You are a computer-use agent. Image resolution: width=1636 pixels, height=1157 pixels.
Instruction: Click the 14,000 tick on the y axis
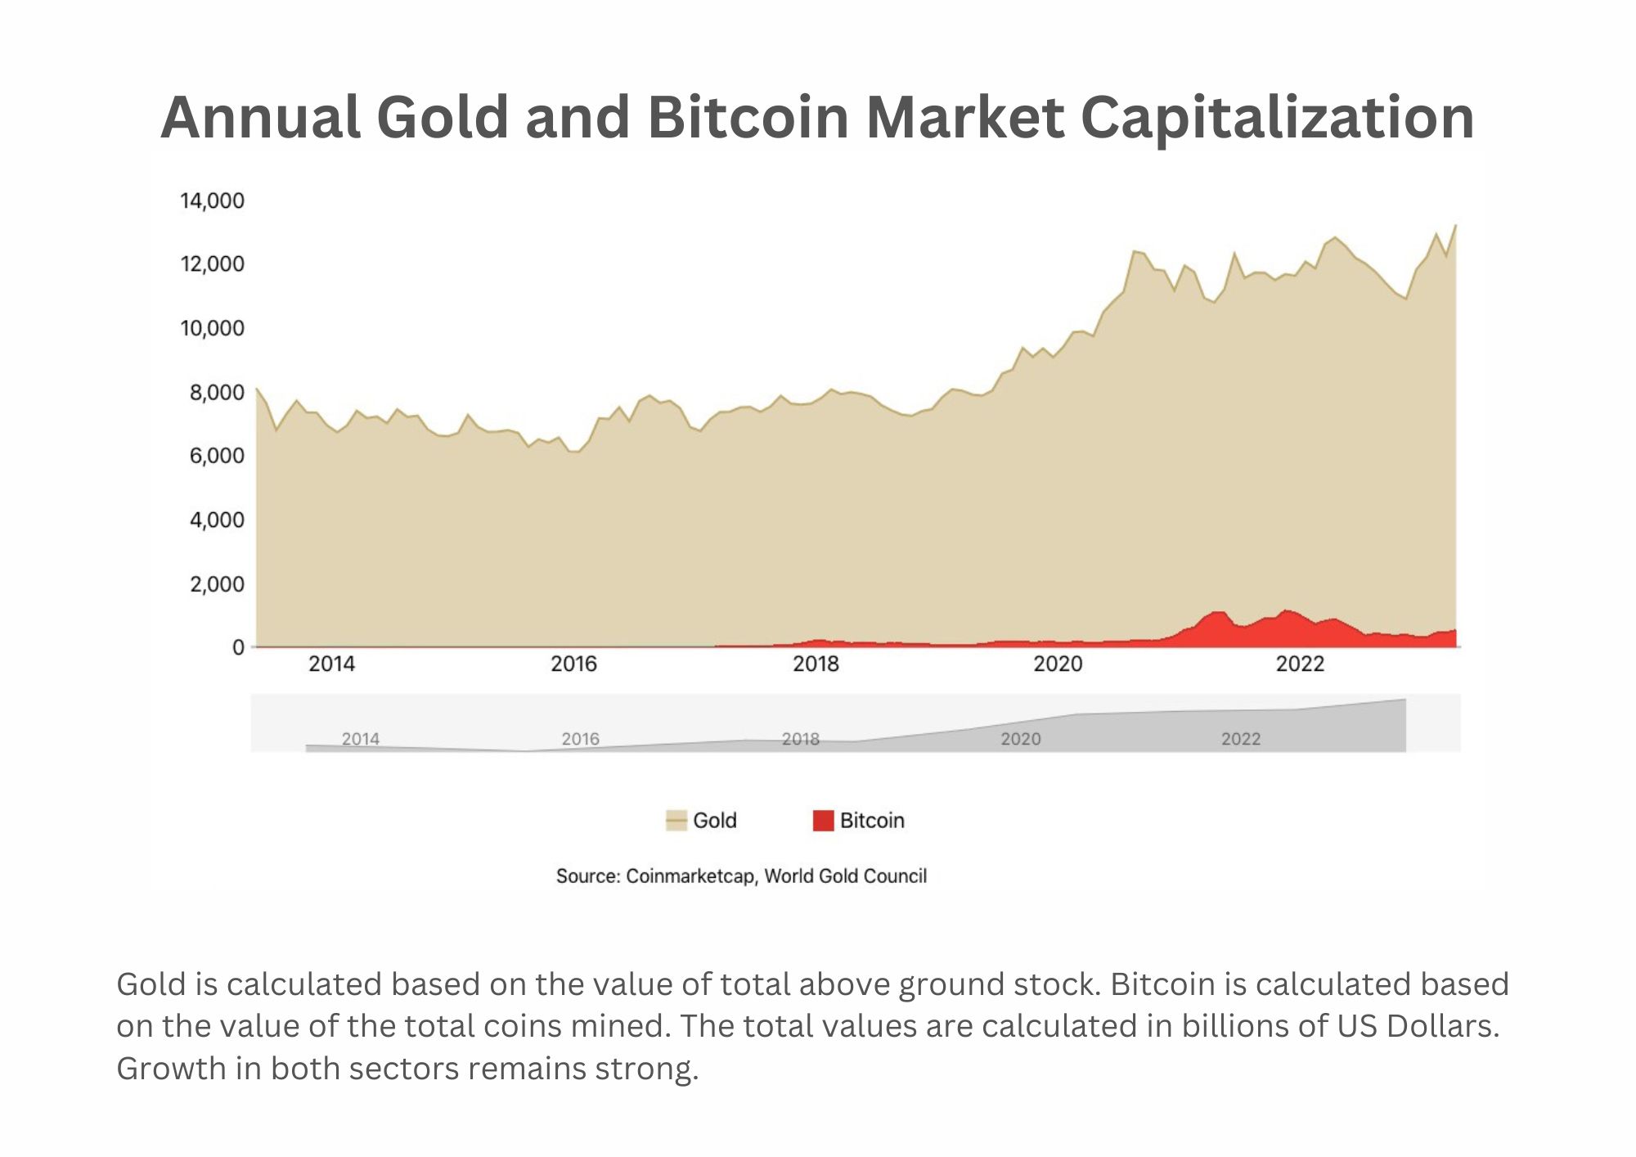click(212, 200)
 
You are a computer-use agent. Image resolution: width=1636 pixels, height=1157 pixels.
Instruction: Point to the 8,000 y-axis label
click(217, 392)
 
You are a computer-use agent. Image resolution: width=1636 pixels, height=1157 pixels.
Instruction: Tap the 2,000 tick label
click(217, 584)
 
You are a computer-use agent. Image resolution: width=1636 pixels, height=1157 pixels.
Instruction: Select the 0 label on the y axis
click(238, 647)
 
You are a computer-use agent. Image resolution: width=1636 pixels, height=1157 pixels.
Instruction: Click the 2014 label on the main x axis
click(331, 664)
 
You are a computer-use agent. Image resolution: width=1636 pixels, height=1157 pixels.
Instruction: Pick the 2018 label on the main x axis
click(816, 664)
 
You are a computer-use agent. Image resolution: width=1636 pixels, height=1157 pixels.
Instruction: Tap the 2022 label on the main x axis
click(1300, 664)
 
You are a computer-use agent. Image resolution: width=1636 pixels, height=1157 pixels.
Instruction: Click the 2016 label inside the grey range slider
click(580, 739)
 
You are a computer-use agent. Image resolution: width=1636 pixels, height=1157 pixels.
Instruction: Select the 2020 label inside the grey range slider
click(1020, 739)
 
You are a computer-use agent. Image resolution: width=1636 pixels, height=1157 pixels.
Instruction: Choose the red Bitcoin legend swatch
click(823, 820)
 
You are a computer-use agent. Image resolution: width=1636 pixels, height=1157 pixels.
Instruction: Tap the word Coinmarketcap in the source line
click(690, 876)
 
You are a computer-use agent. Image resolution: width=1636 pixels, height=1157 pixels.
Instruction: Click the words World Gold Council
click(845, 876)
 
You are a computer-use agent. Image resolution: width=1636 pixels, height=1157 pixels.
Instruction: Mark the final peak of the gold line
click(1455, 225)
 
